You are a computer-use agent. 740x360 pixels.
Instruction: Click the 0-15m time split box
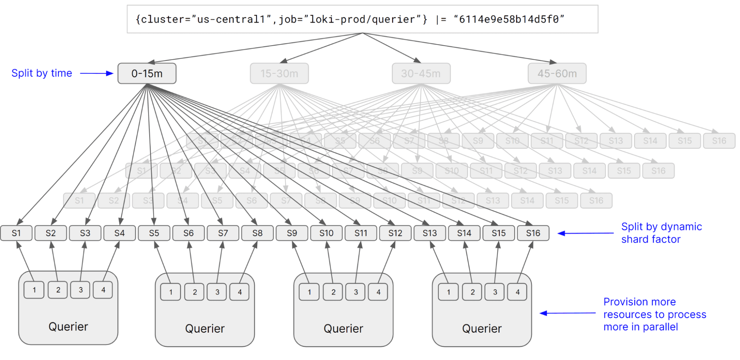pos(147,73)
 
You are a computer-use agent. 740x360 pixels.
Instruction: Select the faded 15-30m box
pos(279,73)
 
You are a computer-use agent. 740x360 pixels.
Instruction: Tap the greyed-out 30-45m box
pos(421,73)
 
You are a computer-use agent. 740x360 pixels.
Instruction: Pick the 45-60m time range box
pos(557,73)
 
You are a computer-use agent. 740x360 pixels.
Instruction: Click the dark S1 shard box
pos(16,233)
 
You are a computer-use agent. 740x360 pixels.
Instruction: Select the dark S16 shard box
pos(533,233)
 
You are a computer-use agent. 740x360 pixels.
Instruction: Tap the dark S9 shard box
pos(292,233)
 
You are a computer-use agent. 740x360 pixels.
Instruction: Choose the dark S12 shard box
pos(395,233)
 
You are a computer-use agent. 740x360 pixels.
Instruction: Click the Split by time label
pos(41,73)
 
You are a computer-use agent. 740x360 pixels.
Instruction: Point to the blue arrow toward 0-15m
pos(96,73)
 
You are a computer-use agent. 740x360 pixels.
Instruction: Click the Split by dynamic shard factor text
pos(661,233)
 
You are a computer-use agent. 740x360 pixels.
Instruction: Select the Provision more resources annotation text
pos(654,314)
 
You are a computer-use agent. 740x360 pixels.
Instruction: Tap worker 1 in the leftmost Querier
pos(34,290)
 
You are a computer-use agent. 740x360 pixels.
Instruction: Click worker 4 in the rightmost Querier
pos(517,292)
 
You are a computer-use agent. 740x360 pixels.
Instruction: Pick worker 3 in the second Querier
pos(217,292)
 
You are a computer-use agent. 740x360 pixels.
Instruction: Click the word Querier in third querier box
pos(343,329)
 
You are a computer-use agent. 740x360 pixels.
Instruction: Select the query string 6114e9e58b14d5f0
pos(509,19)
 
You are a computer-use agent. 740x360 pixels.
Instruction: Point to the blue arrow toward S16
pos(585,233)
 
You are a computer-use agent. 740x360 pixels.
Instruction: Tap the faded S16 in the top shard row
pos(719,141)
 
